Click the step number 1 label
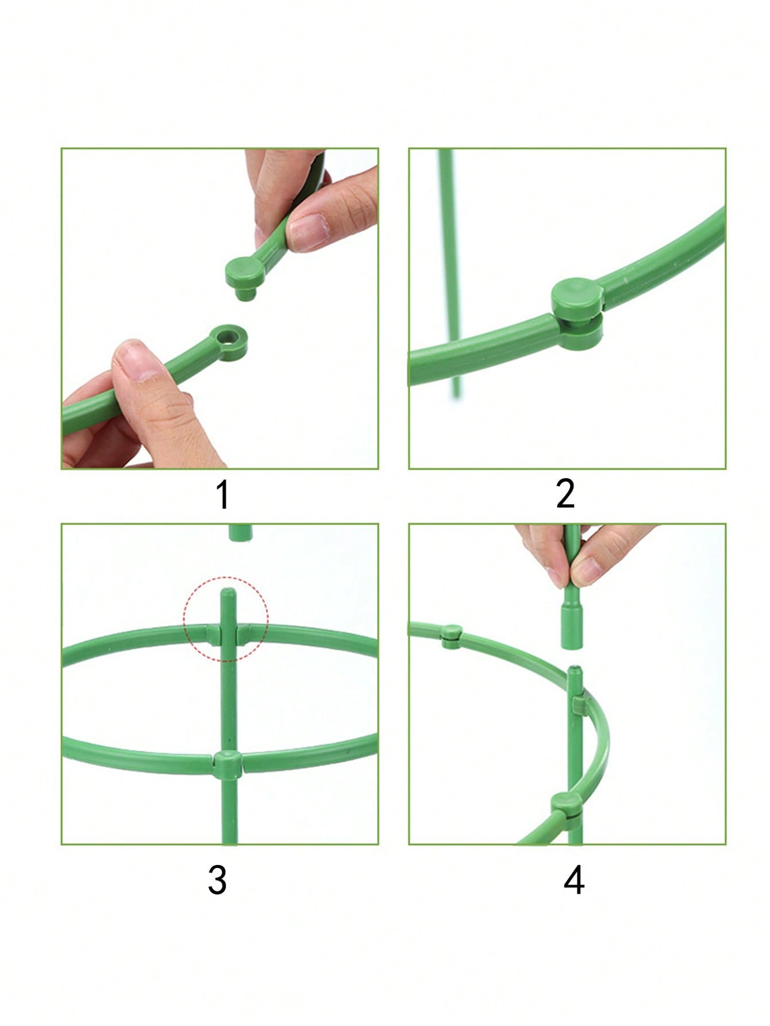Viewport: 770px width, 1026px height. (223, 496)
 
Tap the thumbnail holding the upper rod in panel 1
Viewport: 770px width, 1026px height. (302, 231)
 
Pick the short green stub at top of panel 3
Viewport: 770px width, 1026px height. (241, 532)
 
